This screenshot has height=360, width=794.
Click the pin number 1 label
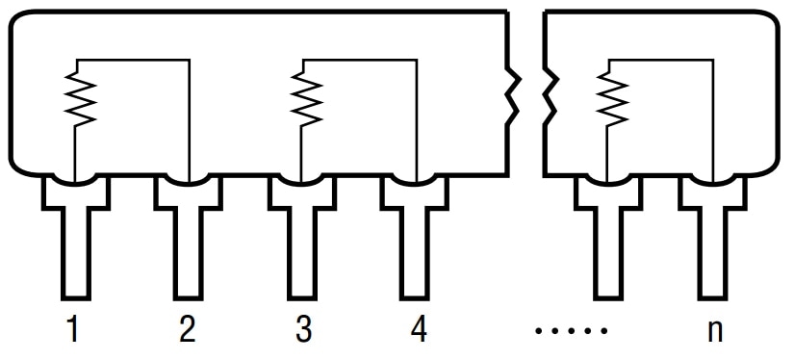pyautogui.click(x=73, y=330)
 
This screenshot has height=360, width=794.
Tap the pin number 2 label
pyautogui.click(x=188, y=330)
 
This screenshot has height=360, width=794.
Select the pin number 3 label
pyautogui.click(x=303, y=330)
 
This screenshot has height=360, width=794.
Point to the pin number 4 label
pyautogui.click(x=418, y=330)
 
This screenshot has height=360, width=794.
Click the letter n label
pyautogui.click(x=714, y=330)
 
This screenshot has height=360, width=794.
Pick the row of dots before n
pyautogui.click(x=572, y=331)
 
